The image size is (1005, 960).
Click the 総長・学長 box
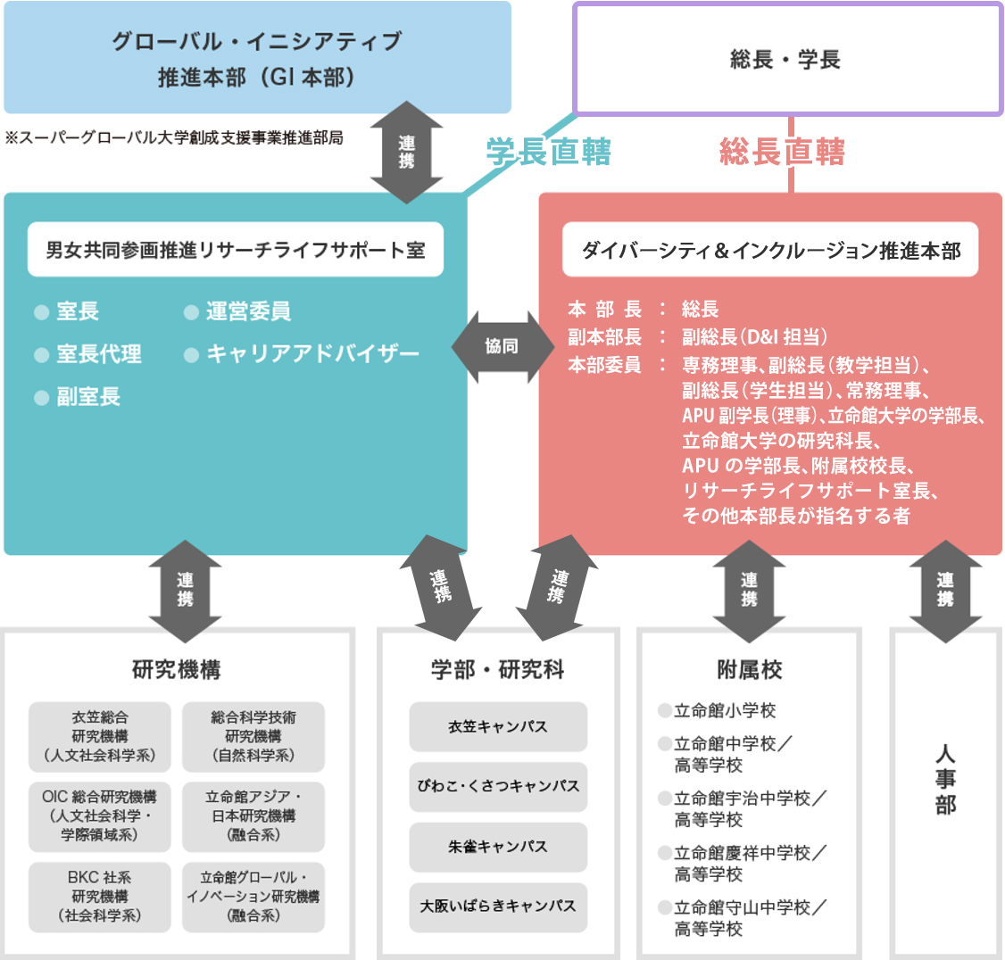786,60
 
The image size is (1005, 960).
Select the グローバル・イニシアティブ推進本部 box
257,58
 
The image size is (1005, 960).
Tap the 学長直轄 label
548,153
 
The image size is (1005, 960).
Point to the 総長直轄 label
782,153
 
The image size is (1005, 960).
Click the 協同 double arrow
502,346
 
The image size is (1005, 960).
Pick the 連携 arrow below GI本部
406,153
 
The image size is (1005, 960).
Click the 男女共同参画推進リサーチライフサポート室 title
236,250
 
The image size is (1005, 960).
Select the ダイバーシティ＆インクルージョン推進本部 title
770,251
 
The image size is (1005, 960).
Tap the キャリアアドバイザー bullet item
311,354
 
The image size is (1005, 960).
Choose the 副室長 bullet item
87,397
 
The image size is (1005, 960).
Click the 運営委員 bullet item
247,311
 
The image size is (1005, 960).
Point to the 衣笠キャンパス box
498,727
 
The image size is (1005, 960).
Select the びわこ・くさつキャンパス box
498,787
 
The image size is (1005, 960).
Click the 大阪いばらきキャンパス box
498,906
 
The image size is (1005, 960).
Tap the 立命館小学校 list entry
724,711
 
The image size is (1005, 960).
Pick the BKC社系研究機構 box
100,897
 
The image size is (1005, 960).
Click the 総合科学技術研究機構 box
253,736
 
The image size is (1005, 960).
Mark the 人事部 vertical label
945,780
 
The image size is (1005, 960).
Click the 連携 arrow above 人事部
945,591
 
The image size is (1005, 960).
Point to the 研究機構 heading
177,669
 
